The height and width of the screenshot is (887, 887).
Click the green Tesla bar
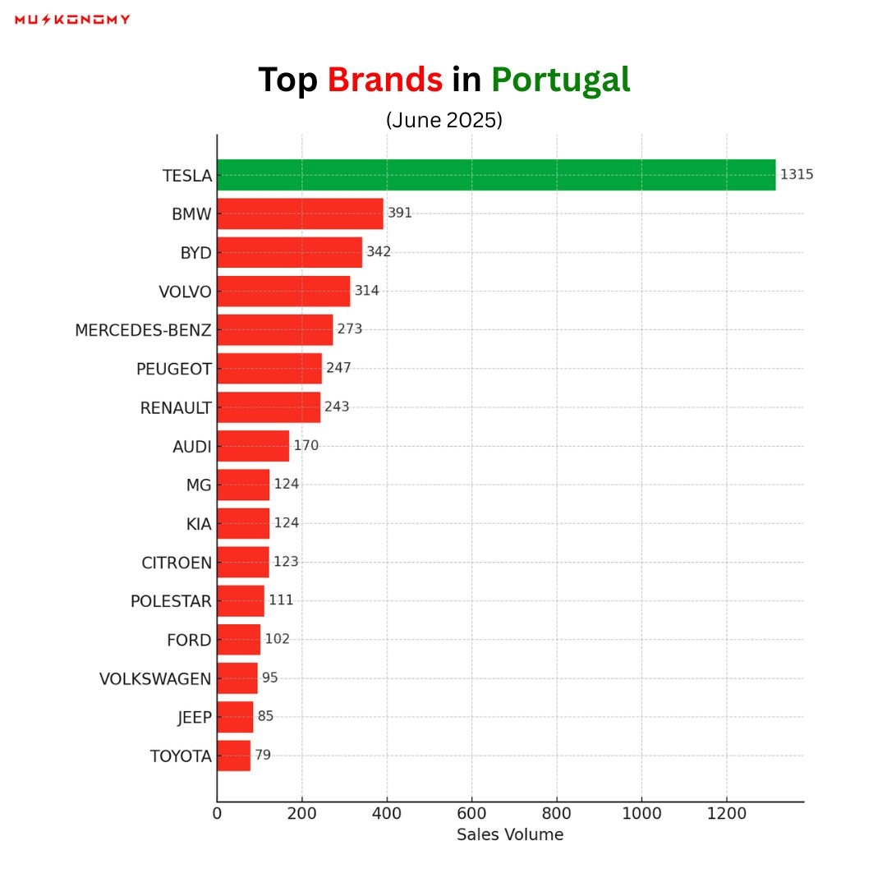[x=496, y=175]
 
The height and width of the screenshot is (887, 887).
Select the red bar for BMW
[x=300, y=214]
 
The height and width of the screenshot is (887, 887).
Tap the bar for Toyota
[x=233, y=756]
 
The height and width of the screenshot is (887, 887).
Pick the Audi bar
[x=253, y=446]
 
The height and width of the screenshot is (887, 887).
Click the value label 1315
[x=797, y=174]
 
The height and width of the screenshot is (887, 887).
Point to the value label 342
[x=379, y=252]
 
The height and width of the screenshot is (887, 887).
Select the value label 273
[x=350, y=329]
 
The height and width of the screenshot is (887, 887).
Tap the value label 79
[x=263, y=755]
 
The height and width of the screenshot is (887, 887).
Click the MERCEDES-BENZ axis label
[x=143, y=330]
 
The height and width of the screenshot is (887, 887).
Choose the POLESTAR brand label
[x=171, y=600]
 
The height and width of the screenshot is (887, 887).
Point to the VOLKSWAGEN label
[x=155, y=678]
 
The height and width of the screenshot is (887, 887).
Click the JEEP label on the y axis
[x=195, y=717]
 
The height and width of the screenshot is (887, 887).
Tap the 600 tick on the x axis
[x=471, y=813]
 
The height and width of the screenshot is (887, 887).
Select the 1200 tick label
[x=727, y=813]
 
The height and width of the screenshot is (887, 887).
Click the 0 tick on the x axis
[x=217, y=813]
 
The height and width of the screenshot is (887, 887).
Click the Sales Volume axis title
[x=510, y=834]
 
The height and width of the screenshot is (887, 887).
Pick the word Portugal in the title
[x=561, y=80]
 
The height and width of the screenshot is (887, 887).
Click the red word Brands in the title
[x=385, y=79]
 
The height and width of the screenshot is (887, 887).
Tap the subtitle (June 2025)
[x=444, y=120]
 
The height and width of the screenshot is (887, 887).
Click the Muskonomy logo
[x=72, y=20]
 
